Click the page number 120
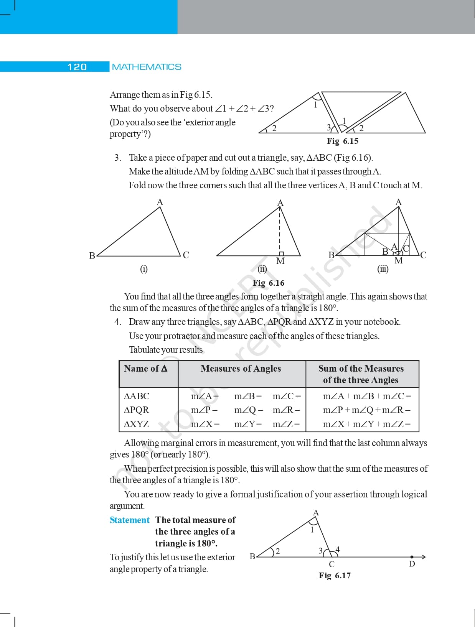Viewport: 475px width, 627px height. click(x=77, y=67)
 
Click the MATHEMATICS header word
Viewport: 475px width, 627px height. click(x=147, y=67)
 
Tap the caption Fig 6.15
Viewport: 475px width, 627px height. click(x=342, y=141)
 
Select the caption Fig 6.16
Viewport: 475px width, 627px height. click(x=269, y=283)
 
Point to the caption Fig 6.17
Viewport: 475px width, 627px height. click(x=335, y=576)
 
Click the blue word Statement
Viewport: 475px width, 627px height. click(x=129, y=520)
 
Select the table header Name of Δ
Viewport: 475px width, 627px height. click(x=145, y=369)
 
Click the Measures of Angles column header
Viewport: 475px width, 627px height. click(x=241, y=369)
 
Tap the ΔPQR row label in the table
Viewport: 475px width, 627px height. click(x=136, y=410)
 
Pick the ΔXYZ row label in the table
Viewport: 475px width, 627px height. click(x=136, y=424)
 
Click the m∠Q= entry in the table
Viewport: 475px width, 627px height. click(x=249, y=410)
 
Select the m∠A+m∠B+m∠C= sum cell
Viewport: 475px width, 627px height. click(x=367, y=396)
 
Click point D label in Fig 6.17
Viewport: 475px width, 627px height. click(x=412, y=564)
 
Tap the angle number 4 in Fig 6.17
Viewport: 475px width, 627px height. click(x=338, y=550)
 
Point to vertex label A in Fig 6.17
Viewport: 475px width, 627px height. click(x=316, y=513)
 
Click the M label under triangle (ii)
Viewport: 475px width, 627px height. click(x=280, y=261)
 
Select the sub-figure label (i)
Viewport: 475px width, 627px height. click(x=144, y=269)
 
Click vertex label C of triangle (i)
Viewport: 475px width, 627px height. click(x=186, y=255)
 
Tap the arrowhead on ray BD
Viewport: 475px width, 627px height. click(x=424, y=557)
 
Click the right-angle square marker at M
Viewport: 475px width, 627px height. click(x=281, y=253)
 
